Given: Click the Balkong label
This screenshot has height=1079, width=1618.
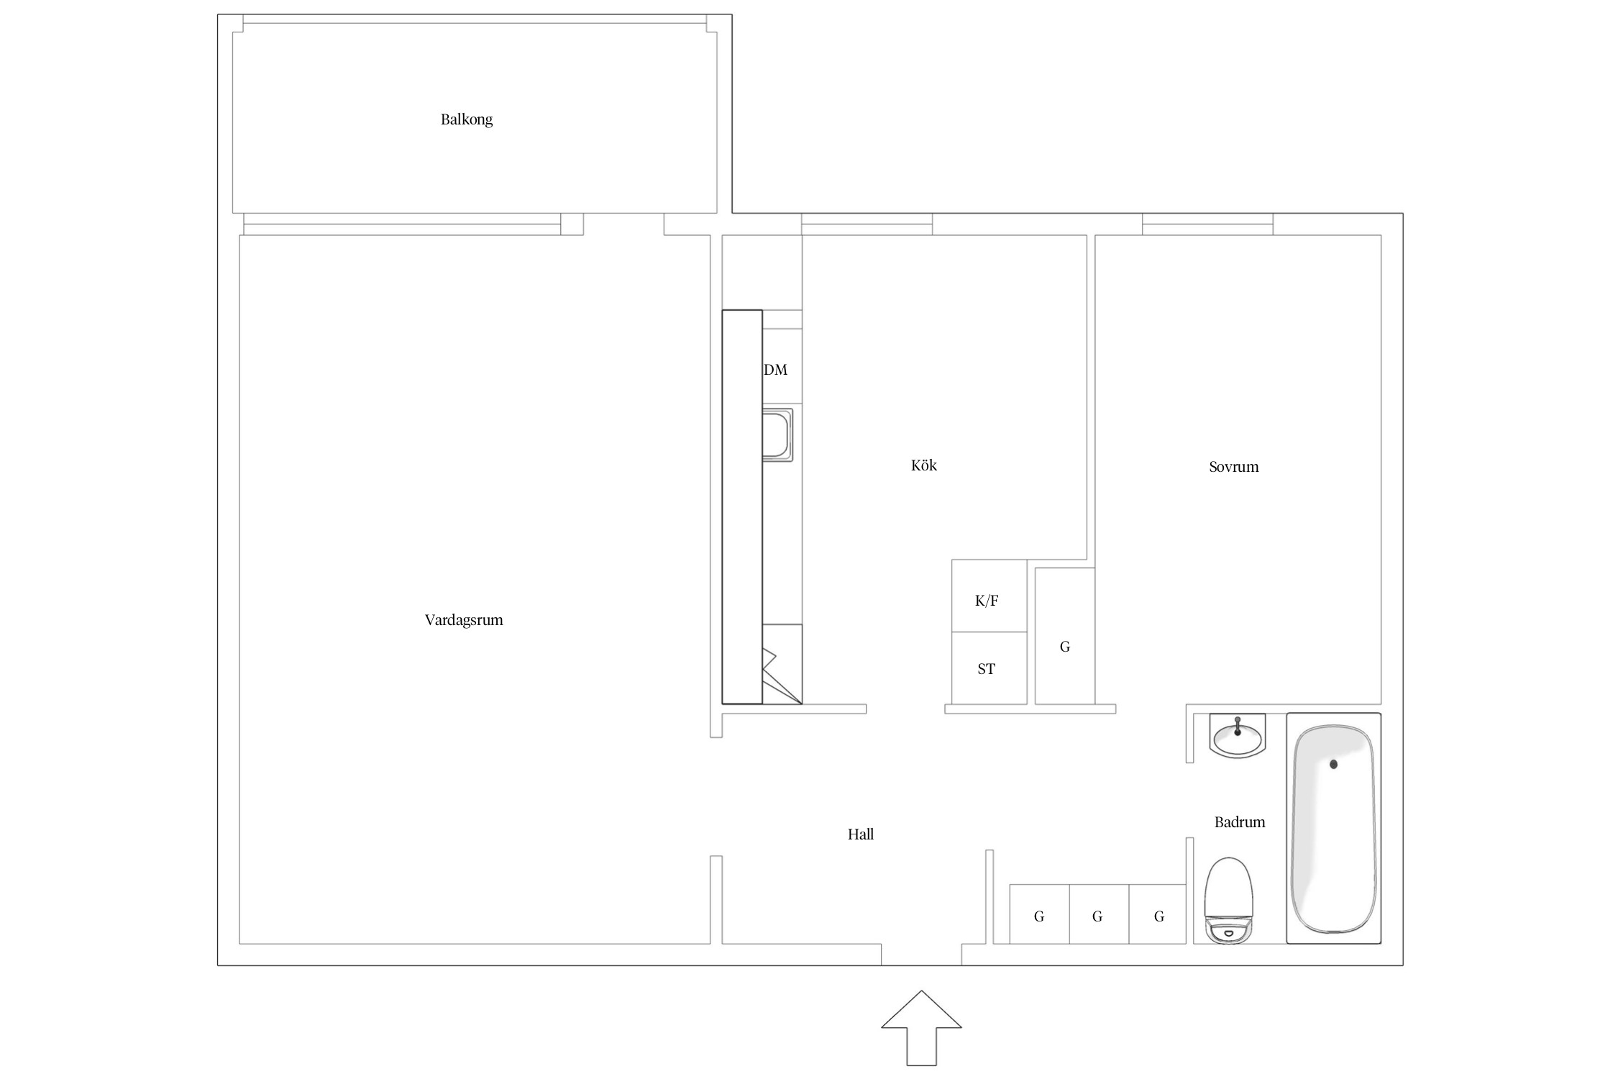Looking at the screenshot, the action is coord(467,119).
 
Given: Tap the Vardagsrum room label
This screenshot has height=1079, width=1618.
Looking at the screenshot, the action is coord(464,620).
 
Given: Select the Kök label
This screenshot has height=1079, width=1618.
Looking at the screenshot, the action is coord(924,465).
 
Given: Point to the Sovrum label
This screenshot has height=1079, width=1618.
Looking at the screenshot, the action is coord(1234,467).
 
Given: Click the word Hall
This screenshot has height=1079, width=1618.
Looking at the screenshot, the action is coord(861,834).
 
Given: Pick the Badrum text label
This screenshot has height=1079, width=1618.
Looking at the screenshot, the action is coord(1240,822).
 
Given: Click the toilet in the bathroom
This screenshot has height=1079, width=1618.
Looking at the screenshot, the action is coord(1229,901).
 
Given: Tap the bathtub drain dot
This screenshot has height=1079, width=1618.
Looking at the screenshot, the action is coord(1333,765).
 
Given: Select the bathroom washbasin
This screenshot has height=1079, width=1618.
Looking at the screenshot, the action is coord(1238,736).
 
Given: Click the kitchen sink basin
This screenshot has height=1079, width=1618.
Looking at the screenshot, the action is coord(777,434).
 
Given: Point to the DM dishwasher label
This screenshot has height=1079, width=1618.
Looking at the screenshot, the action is coord(776,370).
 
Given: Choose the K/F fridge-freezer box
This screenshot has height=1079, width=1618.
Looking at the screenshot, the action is coord(989,596).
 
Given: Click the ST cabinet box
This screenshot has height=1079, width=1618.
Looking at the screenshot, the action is coord(989,668).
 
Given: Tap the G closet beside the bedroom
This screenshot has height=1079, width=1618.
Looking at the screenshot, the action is coord(1065,636).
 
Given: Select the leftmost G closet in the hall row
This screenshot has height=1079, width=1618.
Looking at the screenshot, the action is coord(1039,914).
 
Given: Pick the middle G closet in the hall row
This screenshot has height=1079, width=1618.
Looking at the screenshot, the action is coord(1099,914).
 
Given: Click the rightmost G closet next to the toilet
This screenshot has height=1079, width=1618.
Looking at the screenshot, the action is coord(1158,914).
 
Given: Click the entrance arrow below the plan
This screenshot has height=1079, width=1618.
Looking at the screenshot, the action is coord(921,1029).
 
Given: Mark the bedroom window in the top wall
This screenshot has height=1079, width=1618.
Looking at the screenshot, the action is coord(1207,224).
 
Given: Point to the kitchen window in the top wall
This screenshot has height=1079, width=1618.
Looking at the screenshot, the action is coord(867,224).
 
